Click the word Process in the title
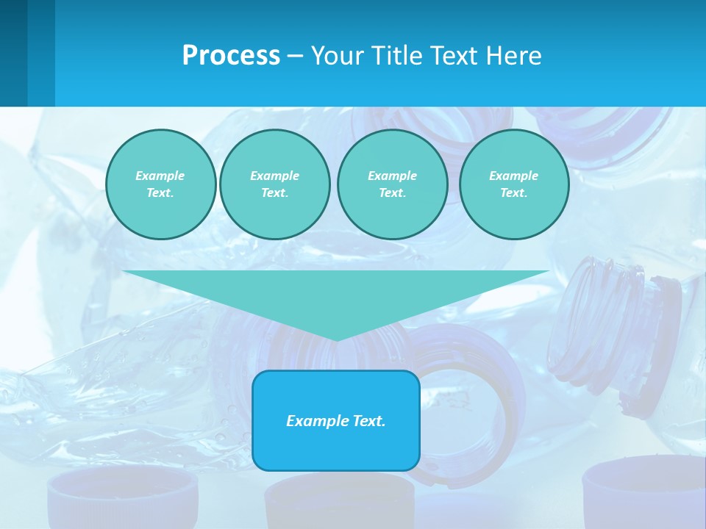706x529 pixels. coord(231,56)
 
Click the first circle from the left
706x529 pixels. coord(160,184)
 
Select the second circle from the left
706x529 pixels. coord(275,184)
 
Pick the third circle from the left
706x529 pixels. coord(393,184)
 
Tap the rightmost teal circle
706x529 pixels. coord(514,184)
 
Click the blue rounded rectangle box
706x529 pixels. coord(336,420)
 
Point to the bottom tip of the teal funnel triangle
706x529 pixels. coord(337,339)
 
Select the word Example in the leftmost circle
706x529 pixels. coord(160,176)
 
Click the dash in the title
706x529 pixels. coord(295,56)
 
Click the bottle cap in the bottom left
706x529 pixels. coord(123,500)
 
